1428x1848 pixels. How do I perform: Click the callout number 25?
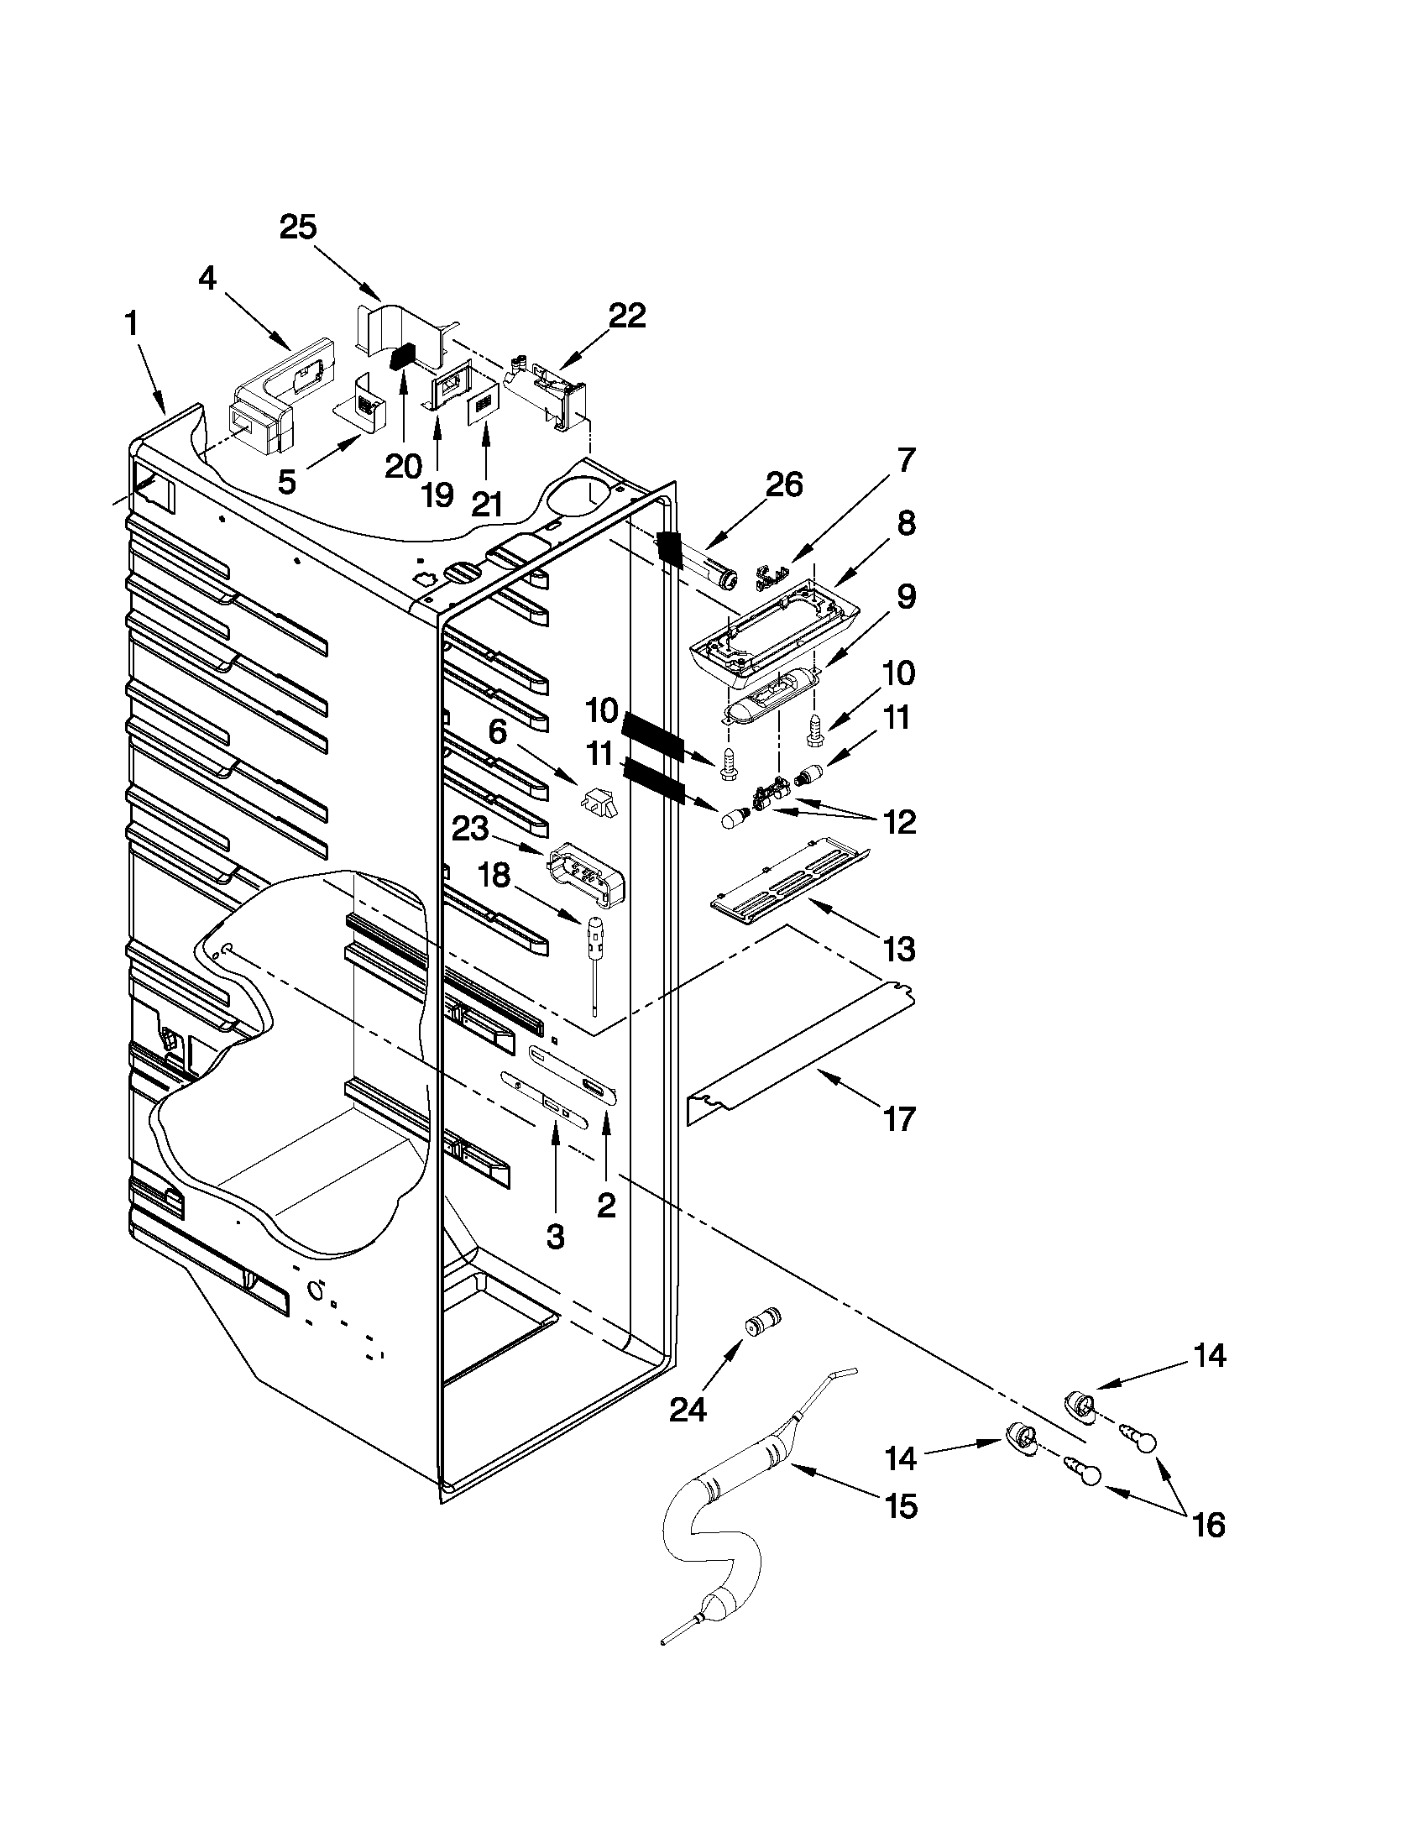298,228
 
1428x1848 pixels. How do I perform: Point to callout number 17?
899,1119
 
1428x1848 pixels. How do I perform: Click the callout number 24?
688,1410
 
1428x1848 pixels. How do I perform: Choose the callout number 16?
1209,1525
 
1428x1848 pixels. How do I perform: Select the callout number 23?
470,830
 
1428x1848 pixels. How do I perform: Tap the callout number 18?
496,876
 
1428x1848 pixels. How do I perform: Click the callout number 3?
555,1237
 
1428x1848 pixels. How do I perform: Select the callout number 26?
782,484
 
